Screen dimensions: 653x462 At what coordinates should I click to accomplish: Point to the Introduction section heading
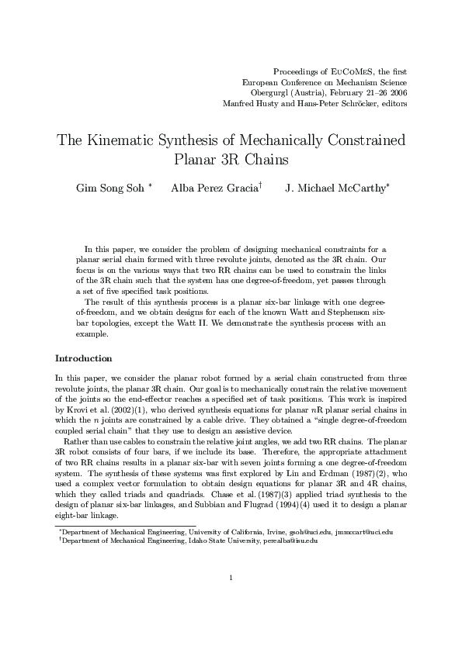click(84, 358)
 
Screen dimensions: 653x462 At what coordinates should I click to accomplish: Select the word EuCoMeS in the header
click(346, 71)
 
